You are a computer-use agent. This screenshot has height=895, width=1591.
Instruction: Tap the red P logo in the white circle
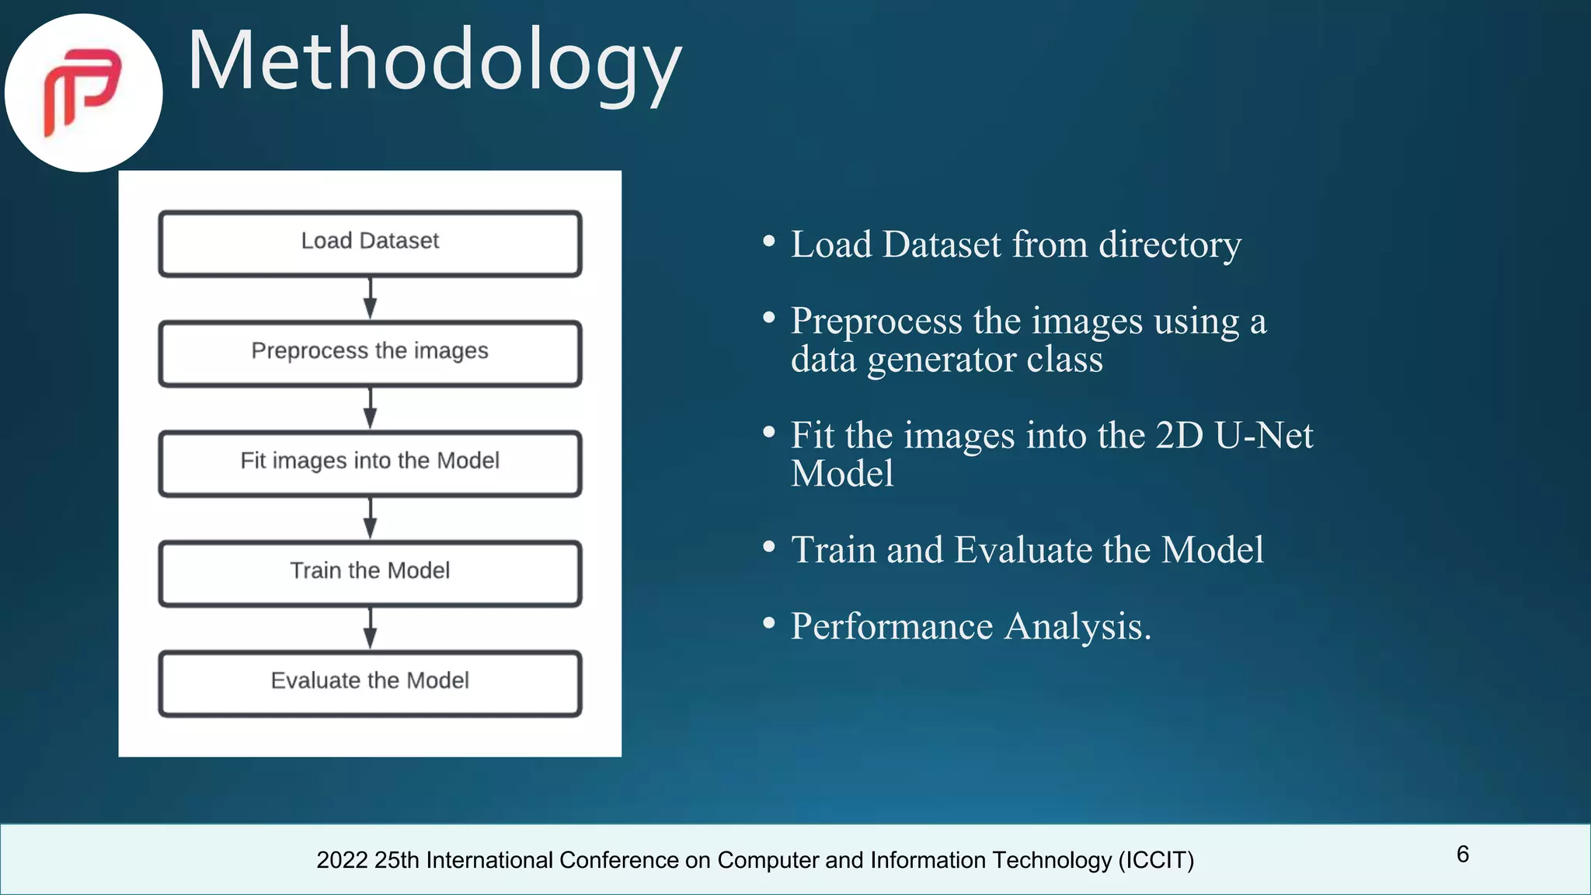(82, 92)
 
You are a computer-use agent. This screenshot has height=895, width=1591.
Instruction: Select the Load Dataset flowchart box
(370, 243)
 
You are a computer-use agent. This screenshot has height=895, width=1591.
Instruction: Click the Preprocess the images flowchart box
(370, 353)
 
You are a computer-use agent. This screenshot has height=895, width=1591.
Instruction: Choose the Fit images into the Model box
(370, 463)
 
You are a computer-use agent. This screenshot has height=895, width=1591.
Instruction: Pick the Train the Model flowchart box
(370, 573)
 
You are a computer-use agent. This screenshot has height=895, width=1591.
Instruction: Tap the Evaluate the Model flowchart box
(370, 683)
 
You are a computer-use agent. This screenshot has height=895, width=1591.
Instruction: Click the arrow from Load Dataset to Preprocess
(371, 298)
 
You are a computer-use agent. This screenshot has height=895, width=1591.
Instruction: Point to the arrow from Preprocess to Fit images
(371, 408)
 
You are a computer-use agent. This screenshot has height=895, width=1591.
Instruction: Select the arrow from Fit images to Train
(371, 518)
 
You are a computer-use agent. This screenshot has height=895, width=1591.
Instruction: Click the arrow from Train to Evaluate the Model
(371, 628)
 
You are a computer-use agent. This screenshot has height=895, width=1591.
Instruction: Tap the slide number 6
(1463, 855)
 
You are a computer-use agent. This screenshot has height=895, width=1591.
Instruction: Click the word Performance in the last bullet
(892, 626)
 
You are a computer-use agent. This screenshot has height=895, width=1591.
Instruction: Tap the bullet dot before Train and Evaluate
(769, 547)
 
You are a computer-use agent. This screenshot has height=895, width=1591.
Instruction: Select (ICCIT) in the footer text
(1156, 860)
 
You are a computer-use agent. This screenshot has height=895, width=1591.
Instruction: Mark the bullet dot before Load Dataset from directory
(769, 242)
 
